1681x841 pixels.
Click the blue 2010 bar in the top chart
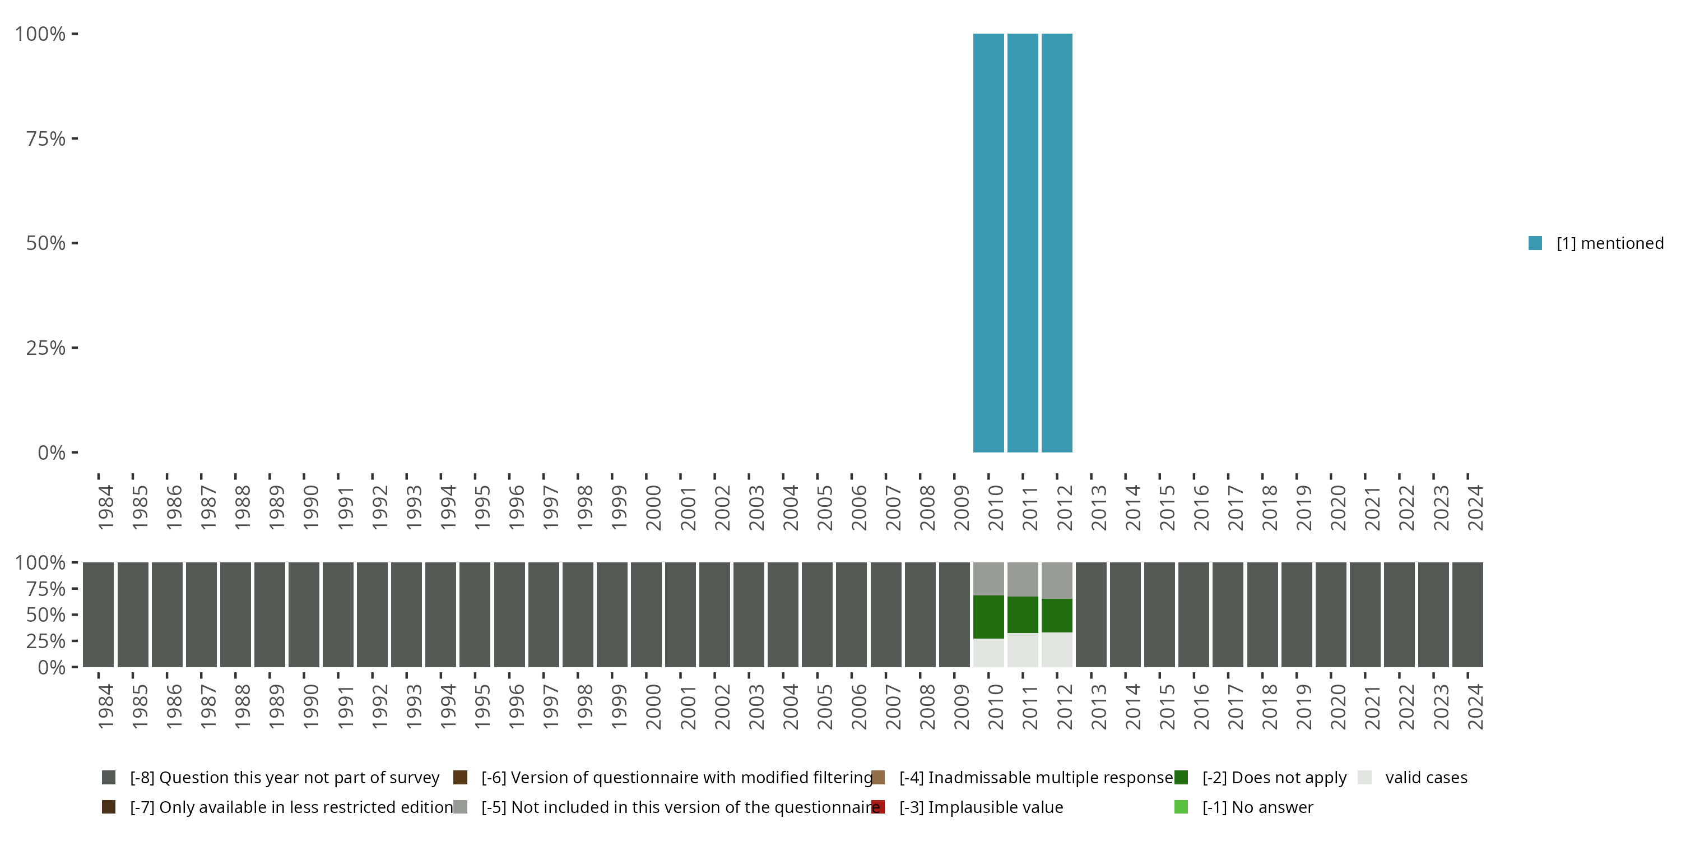(x=988, y=243)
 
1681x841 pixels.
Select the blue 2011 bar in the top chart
(x=1023, y=243)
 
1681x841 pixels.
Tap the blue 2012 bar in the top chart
(x=1056, y=243)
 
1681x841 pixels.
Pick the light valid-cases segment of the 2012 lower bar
(x=1056, y=650)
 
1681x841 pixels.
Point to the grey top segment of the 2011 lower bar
(x=1023, y=579)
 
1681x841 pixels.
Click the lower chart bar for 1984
(x=99, y=614)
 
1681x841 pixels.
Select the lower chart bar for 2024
(x=1468, y=614)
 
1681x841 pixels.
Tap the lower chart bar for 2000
(x=646, y=614)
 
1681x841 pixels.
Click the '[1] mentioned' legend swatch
(x=1535, y=243)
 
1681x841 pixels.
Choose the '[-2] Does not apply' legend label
(x=1274, y=778)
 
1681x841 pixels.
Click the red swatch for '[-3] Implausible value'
(x=877, y=807)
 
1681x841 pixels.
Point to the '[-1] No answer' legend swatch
(x=1181, y=807)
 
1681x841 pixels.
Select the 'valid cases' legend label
(x=1426, y=778)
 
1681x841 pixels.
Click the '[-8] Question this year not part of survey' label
(x=285, y=778)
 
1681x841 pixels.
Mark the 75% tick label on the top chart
(x=46, y=138)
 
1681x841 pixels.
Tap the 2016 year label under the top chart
(x=1201, y=507)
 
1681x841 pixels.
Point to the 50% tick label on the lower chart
(x=46, y=615)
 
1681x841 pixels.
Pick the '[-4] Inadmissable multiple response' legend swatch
(x=877, y=778)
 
